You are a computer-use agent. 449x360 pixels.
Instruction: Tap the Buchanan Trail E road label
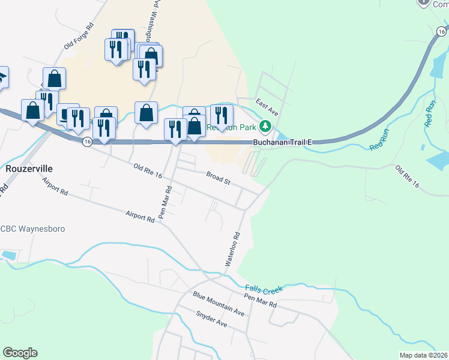click(283, 142)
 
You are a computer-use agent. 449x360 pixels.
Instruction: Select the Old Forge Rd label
click(80, 37)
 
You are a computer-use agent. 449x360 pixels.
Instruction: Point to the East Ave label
click(267, 107)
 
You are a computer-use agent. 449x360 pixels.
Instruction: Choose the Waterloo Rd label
click(232, 249)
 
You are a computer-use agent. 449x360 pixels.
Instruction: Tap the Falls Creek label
click(264, 289)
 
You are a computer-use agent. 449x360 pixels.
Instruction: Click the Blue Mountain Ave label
click(218, 304)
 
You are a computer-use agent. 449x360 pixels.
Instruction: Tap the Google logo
click(20, 353)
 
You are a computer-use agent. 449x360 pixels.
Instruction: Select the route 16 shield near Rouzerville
click(88, 142)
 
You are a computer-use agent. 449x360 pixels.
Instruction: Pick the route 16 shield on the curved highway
click(441, 31)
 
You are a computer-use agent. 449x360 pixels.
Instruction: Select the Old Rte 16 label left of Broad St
click(148, 169)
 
